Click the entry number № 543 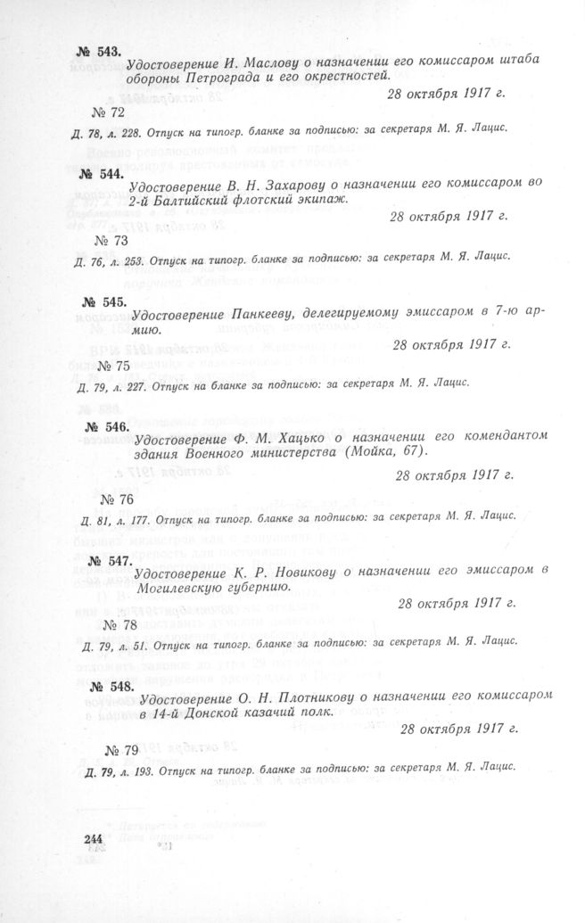click(x=97, y=53)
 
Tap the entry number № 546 click(x=105, y=427)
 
